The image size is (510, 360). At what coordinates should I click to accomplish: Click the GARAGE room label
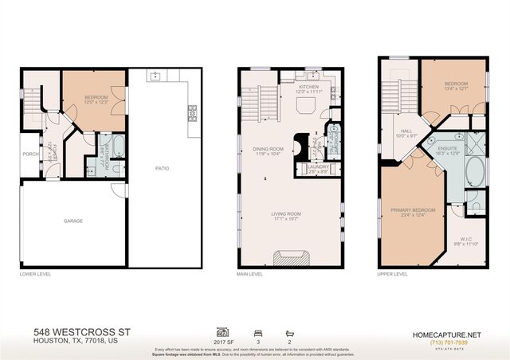73,221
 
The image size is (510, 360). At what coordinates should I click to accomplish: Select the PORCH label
30,155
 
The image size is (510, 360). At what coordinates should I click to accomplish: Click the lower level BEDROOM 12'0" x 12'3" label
95,100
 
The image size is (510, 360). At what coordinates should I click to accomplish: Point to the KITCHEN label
308,87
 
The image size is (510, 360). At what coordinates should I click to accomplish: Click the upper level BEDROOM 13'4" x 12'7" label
455,86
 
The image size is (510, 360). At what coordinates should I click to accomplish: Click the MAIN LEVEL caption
250,275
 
